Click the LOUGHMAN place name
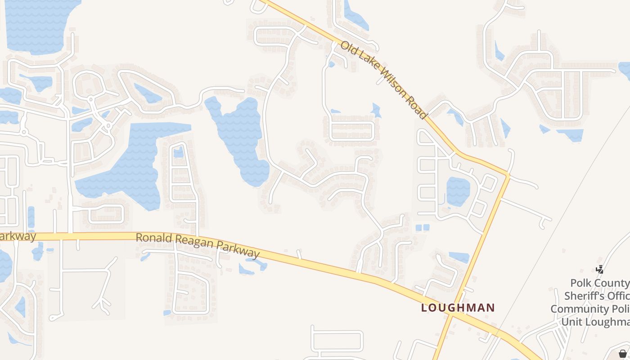pyautogui.click(x=458, y=308)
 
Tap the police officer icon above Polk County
pyautogui.click(x=599, y=270)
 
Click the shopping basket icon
pyautogui.click(x=622, y=354)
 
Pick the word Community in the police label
pyautogui.click(x=578, y=309)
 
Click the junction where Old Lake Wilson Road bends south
pyautogui.click(x=508, y=174)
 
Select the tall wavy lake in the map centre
pyautogui.click(x=241, y=135)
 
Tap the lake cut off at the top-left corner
pyautogui.click(x=38, y=25)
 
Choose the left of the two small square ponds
pyautogui.click(x=418, y=228)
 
